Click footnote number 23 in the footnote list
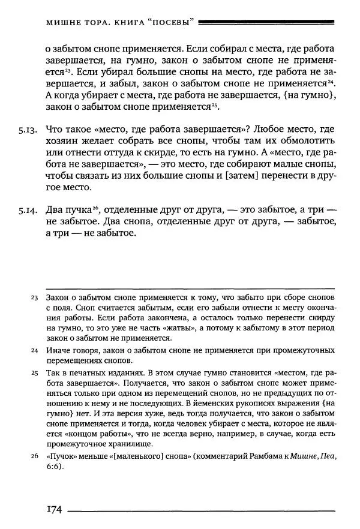click(34, 297)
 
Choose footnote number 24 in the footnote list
click(34, 350)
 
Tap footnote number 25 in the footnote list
click(34, 372)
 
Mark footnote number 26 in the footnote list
click(34, 457)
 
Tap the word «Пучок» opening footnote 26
click(60, 457)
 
